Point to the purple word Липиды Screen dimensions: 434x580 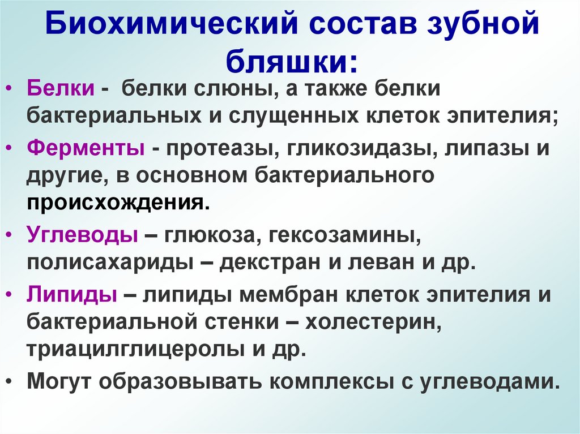click(72, 294)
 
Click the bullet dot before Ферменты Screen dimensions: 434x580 click(13, 148)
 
